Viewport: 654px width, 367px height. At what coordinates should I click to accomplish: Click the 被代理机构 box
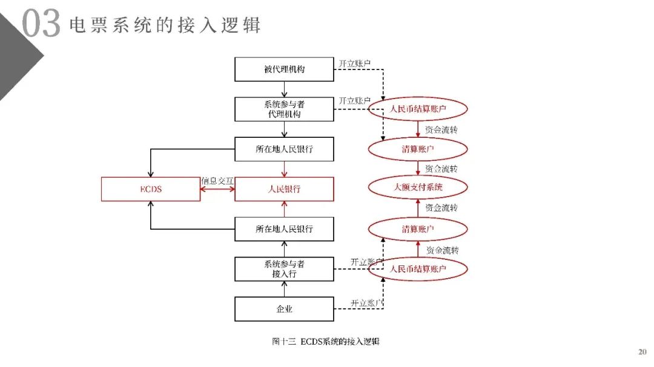pyautogui.click(x=284, y=69)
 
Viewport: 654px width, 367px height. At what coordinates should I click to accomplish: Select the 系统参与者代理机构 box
pyautogui.click(x=284, y=109)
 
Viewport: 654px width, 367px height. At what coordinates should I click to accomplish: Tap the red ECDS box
pyautogui.click(x=150, y=189)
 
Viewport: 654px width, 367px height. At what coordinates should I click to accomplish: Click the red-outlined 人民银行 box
pyautogui.click(x=284, y=189)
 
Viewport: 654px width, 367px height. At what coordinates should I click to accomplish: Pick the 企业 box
pyautogui.click(x=284, y=309)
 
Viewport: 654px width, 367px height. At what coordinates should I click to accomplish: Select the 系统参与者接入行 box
pyautogui.click(x=284, y=269)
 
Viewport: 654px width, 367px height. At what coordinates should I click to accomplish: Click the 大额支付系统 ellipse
pyautogui.click(x=418, y=187)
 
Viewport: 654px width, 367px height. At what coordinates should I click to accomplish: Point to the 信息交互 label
pyautogui.click(x=217, y=181)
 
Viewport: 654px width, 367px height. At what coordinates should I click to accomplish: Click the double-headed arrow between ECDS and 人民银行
pyautogui.click(x=217, y=189)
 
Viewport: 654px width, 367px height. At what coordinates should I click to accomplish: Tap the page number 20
pyautogui.click(x=642, y=351)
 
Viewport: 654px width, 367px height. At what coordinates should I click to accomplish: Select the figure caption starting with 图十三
pyautogui.click(x=325, y=342)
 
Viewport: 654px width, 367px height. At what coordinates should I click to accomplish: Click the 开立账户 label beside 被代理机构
pyautogui.click(x=354, y=63)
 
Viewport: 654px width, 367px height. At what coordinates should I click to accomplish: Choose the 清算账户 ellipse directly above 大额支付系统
pyautogui.click(x=418, y=149)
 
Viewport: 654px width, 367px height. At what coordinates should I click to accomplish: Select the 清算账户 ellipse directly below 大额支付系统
pyautogui.click(x=418, y=229)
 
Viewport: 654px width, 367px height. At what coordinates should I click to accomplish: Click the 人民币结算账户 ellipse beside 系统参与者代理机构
pyautogui.click(x=418, y=109)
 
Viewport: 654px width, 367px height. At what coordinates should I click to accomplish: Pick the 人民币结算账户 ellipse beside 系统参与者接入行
pyautogui.click(x=418, y=269)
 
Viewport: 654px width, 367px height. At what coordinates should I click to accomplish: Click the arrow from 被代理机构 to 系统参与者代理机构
pyautogui.click(x=284, y=88)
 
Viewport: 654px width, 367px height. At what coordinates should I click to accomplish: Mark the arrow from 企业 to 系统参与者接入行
pyautogui.click(x=284, y=289)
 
